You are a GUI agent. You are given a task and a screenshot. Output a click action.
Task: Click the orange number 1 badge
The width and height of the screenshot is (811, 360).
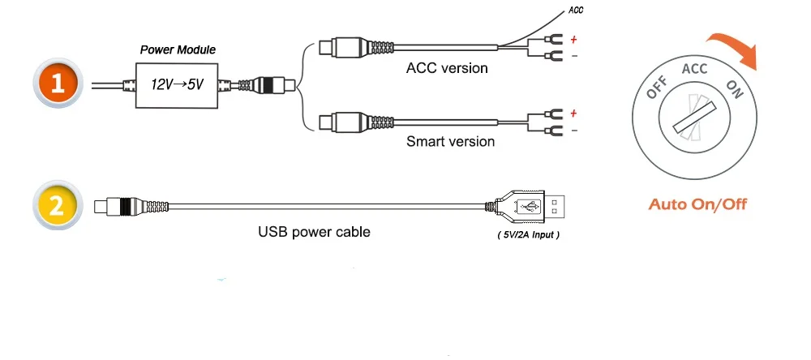click(x=57, y=84)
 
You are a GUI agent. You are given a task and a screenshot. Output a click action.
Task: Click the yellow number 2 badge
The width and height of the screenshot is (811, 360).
click(x=56, y=205)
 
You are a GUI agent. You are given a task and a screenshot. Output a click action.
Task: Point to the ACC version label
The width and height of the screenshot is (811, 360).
click(x=447, y=68)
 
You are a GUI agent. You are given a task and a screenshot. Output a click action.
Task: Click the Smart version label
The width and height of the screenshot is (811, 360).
click(x=450, y=142)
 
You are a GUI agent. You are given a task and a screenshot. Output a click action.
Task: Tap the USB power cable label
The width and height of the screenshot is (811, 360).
click(x=314, y=232)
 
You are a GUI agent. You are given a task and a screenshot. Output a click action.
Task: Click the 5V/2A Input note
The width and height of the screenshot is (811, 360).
click(x=528, y=235)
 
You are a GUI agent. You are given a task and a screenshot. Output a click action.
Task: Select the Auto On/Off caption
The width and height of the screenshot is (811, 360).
click(x=697, y=204)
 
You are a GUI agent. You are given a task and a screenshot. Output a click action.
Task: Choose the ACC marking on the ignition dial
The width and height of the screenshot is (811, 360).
click(x=695, y=69)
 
